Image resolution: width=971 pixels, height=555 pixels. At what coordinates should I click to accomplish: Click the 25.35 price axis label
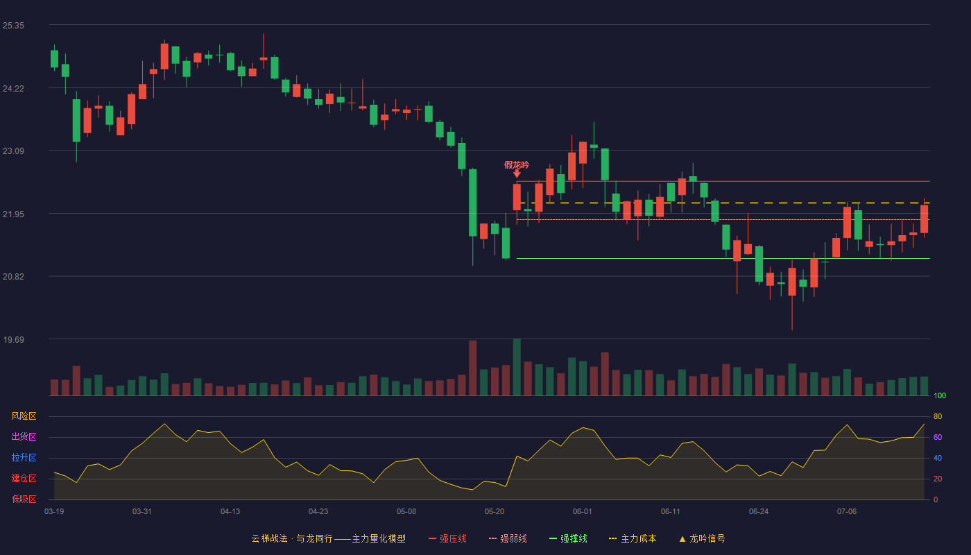(x=13, y=26)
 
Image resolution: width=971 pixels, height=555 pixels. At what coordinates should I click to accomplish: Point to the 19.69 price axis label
(x=13, y=339)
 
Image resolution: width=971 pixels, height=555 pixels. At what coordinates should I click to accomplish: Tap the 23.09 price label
(x=13, y=151)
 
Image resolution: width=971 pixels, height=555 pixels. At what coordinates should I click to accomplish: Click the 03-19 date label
(x=54, y=512)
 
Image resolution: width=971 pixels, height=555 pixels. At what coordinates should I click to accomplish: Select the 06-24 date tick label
(x=759, y=512)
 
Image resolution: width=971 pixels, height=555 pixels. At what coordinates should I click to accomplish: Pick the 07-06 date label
(x=847, y=512)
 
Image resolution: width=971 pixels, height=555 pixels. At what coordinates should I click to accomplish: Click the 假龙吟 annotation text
(x=517, y=165)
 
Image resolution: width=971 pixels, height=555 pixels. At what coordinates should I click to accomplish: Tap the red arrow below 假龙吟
(x=517, y=174)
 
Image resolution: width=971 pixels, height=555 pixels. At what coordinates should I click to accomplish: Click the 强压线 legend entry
(x=448, y=538)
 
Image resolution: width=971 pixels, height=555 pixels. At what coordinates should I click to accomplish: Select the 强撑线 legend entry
(x=568, y=538)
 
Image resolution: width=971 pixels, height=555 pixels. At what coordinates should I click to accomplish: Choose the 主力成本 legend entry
(x=633, y=538)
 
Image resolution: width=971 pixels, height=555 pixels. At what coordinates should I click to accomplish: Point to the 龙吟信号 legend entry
(x=702, y=538)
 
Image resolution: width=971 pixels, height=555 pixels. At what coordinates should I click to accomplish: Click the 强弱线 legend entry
(x=508, y=538)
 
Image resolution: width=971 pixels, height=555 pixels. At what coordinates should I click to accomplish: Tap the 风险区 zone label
(x=24, y=416)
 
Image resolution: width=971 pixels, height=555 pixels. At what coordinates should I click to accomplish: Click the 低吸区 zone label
(x=24, y=499)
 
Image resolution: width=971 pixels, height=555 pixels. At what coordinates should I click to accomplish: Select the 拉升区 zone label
(x=24, y=457)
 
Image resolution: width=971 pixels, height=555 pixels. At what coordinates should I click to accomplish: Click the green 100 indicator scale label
(x=940, y=395)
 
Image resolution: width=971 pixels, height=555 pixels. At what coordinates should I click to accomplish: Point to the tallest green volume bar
(x=517, y=367)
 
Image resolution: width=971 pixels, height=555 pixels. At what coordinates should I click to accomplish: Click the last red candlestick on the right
(x=924, y=219)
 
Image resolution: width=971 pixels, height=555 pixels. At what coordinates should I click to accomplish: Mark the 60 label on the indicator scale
(x=938, y=437)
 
